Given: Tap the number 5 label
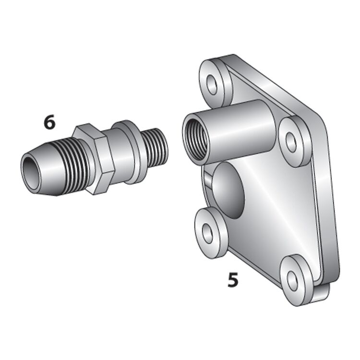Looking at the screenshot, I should [x=233, y=280].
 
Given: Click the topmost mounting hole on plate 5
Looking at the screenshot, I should [x=212, y=84].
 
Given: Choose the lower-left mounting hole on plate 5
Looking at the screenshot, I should [x=207, y=233].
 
